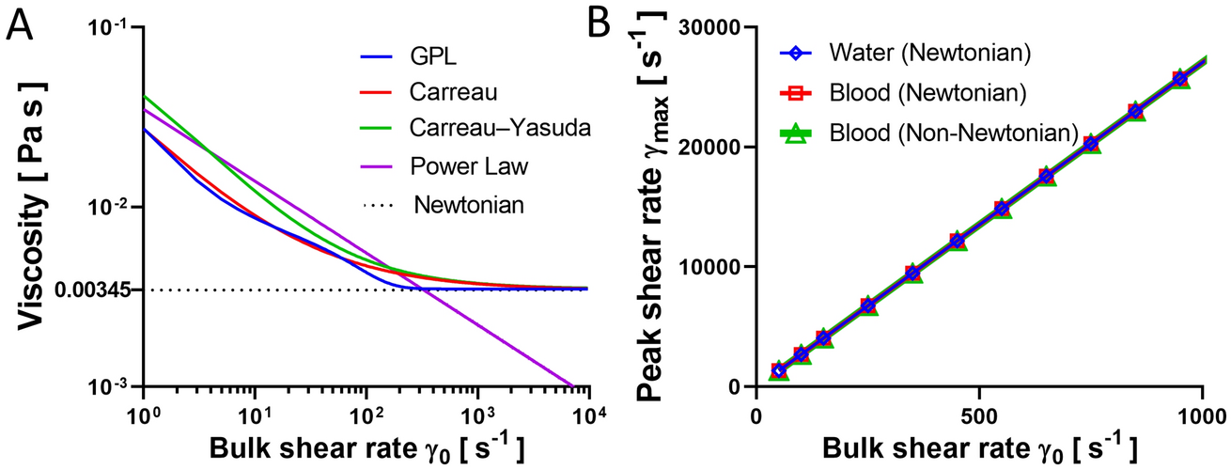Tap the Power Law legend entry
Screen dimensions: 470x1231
click(455, 166)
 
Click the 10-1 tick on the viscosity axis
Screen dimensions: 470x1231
click(114, 28)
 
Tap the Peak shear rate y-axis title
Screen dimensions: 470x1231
click(656, 207)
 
